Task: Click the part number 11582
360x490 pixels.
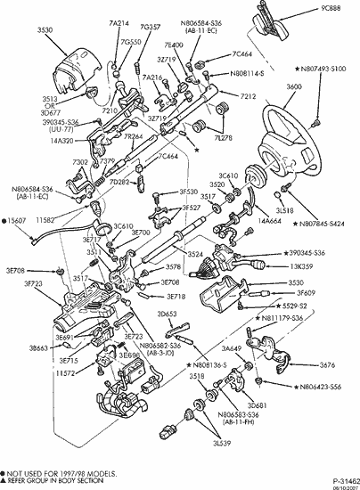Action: point(46,218)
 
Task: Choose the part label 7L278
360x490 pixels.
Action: point(240,139)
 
